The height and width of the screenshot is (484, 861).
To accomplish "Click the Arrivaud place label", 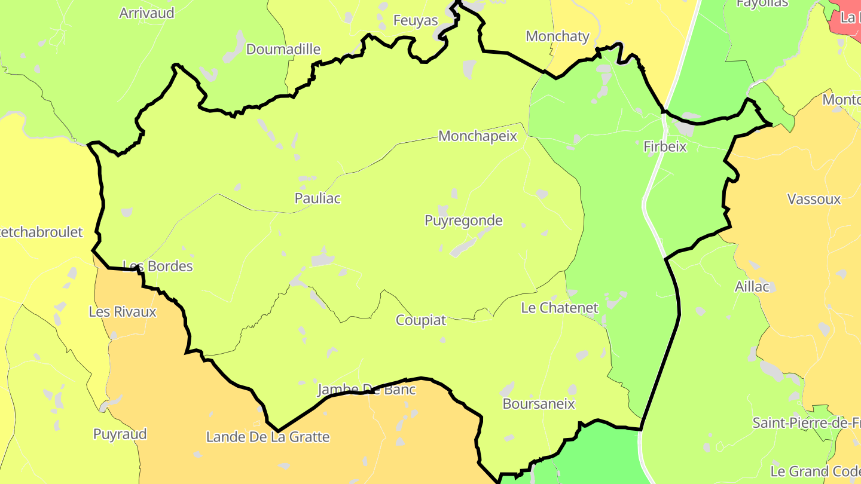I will coord(146,13).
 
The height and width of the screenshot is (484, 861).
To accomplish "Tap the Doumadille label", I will coord(283,50).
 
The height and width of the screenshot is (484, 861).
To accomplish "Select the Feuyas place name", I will coord(416,21).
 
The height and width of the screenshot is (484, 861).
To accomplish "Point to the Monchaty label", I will coord(557,36).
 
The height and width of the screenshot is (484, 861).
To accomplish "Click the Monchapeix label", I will coord(477,136).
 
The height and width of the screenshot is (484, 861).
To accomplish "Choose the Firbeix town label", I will coord(665,147).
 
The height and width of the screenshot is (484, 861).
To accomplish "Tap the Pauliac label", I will coord(317,198).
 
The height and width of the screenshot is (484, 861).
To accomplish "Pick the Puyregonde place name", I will coord(463,221).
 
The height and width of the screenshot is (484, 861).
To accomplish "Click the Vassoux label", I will coord(814,200).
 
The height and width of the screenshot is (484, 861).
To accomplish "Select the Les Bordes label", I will coord(158,266).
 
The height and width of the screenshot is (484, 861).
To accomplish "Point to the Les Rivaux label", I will coord(123,312).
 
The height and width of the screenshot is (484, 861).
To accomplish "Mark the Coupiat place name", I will coord(421,320).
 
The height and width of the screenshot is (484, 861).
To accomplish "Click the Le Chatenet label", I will coord(560,308).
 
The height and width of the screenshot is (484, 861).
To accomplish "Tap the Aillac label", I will coord(752,287).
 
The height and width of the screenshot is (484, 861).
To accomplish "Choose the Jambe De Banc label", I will coord(366,390).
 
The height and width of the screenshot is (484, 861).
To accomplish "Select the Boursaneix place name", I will coord(539,404).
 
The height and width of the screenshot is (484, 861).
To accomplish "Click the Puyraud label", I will coord(120,434).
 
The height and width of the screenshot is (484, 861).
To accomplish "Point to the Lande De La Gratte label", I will coord(268,437).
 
